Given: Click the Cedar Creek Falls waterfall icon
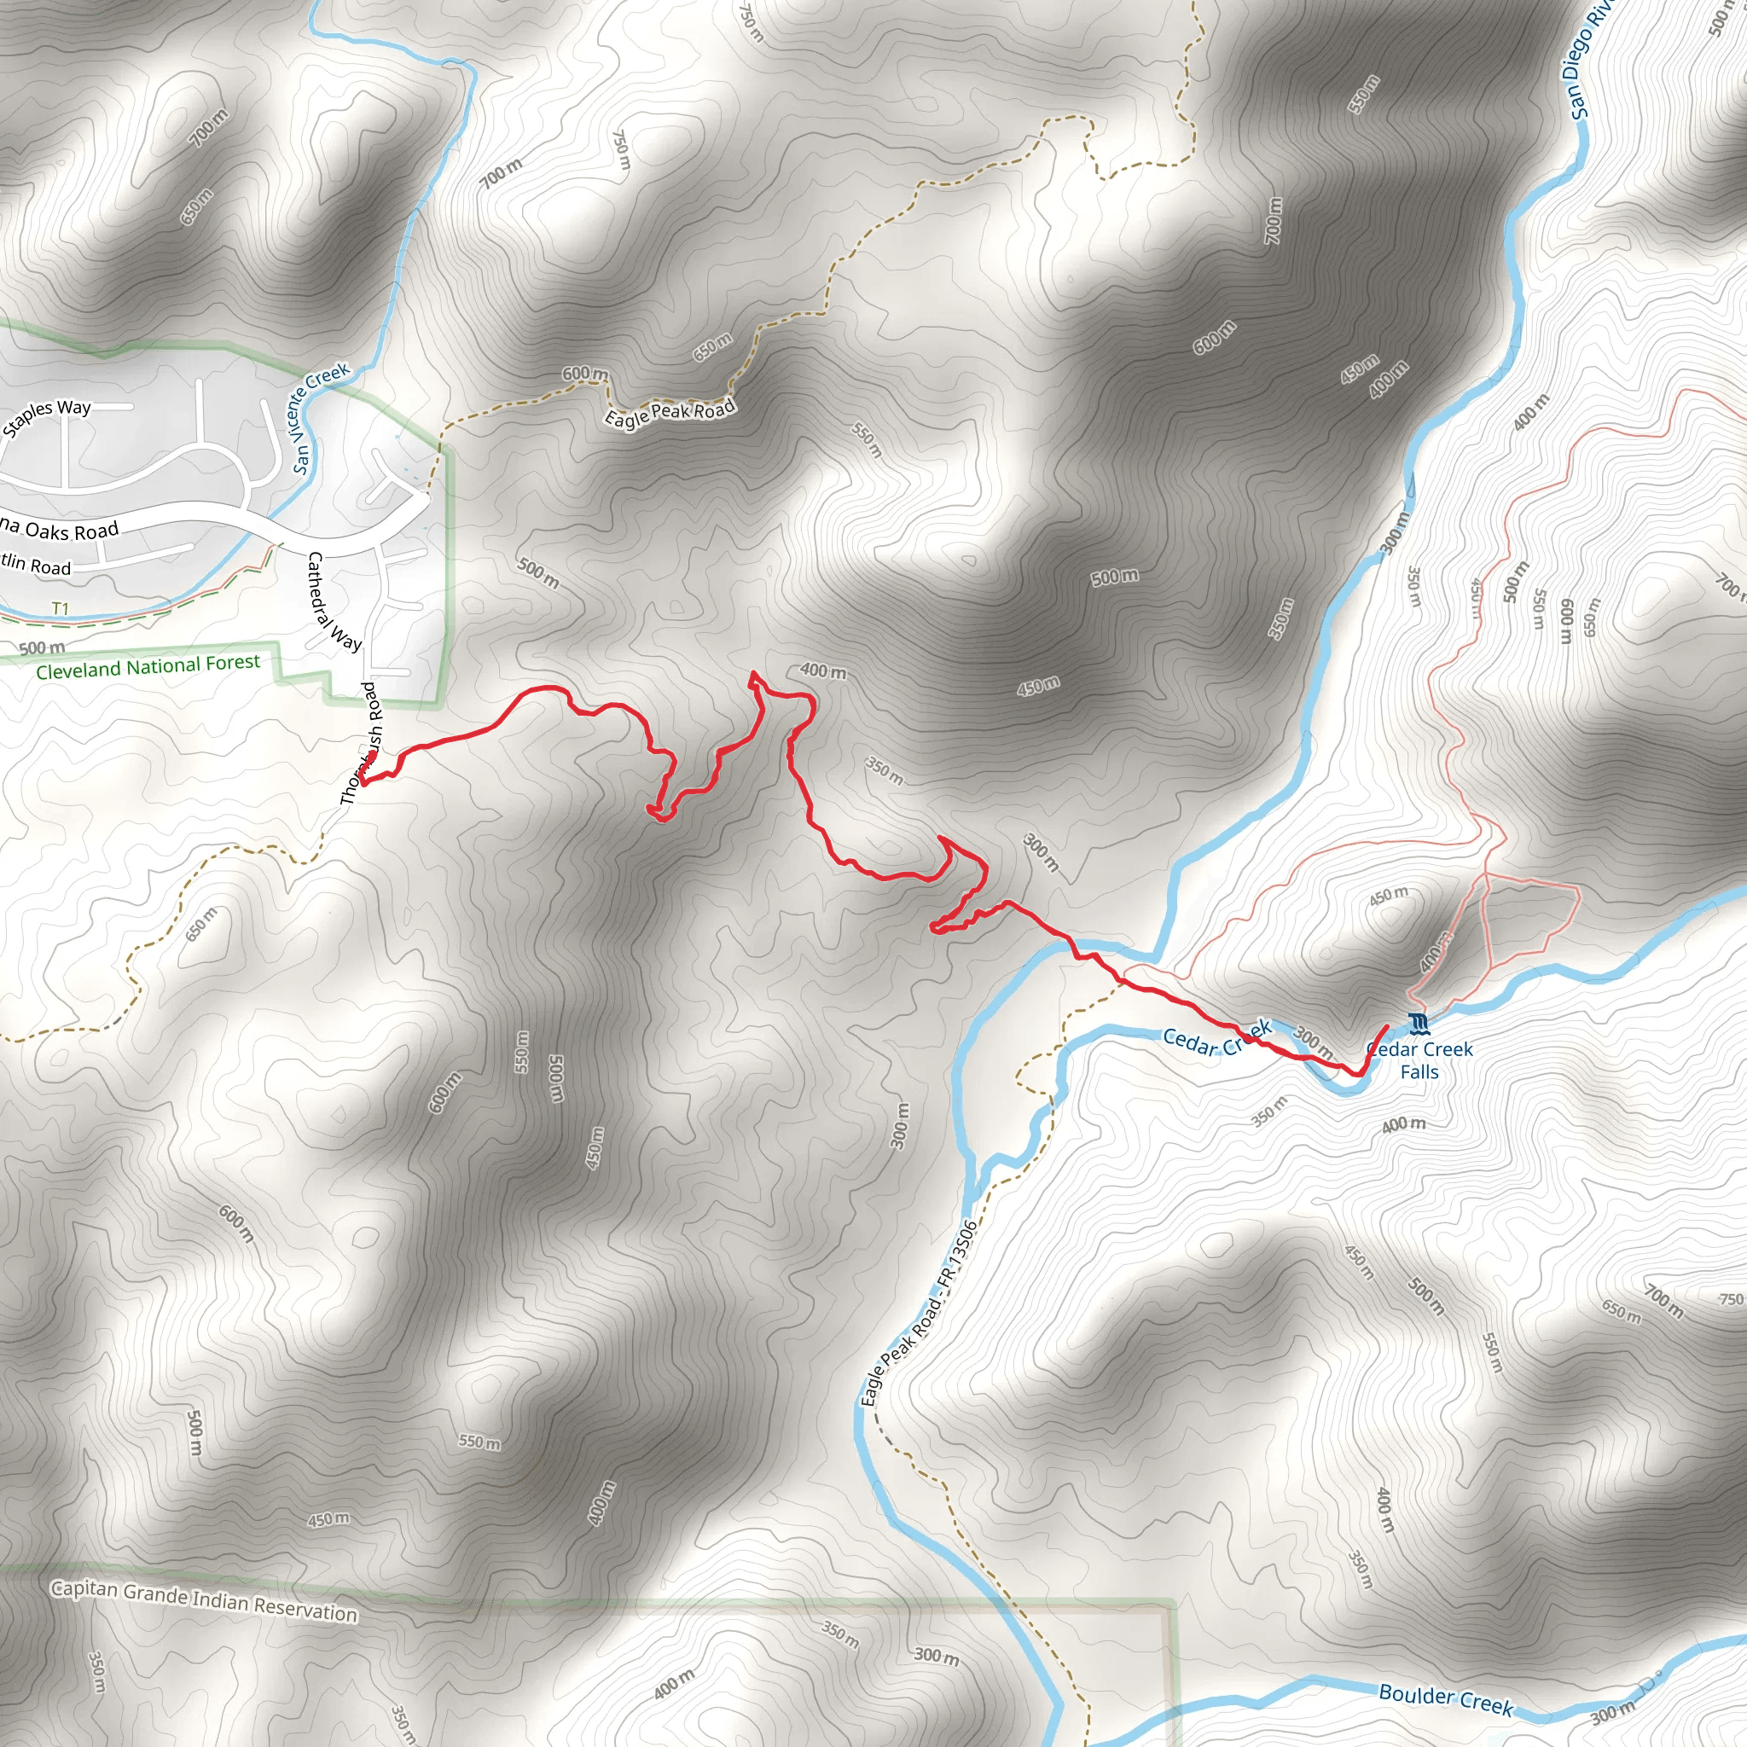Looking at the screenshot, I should pyautogui.click(x=1419, y=1024).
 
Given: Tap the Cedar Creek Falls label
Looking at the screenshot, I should pyautogui.click(x=1419, y=1060).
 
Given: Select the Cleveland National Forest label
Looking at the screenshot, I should pyautogui.click(x=148, y=667).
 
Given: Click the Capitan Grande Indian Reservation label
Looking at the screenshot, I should pyautogui.click(x=204, y=1600).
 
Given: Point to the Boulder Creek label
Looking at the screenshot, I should pyautogui.click(x=1445, y=1699).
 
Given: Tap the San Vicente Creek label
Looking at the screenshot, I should pyautogui.click(x=318, y=417).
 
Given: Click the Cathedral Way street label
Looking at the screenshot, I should pyautogui.click(x=333, y=601).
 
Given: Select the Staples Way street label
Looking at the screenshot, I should pyautogui.click(x=47, y=416).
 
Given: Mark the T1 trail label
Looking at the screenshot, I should pyautogui.click(x=60, y=608).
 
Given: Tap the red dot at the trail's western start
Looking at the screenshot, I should pyautogui.click(x=371, y=757).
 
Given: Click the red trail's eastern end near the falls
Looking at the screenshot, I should pyautogui.click(x=1387, y=1025).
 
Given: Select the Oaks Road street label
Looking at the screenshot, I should pyautogui.click(x=68, y=530).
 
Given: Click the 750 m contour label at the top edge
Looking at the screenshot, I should pyautogui.click(x=752, y=23).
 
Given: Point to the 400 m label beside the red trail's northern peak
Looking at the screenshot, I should pyautogui.click(x=823, y=671).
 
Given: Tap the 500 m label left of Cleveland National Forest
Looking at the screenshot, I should pyautogui.click(x=43, y=647).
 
